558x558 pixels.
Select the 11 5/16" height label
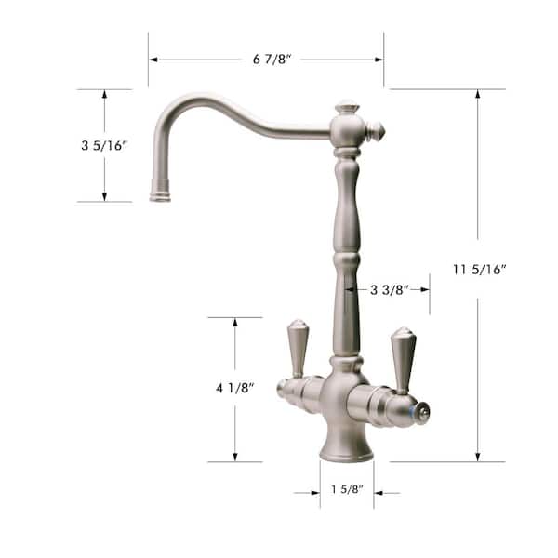pos(478,270)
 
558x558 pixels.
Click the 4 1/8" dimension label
pos(234,387)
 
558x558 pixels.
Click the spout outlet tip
pos(160,194)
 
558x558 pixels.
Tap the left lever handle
pos(296,348)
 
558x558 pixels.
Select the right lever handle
pos(402,357)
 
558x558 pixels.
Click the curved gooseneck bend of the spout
pos(181,102)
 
